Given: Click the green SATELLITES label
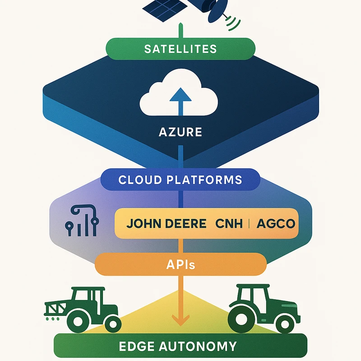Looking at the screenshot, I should (x=180, y=48).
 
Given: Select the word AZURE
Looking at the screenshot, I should (x=180, y=133).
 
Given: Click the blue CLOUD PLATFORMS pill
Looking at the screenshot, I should (x=180, y=180).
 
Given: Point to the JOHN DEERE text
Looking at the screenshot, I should (x=166, y=223).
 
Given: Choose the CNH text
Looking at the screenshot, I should (x=229, y=223).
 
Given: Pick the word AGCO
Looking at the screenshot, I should (x=275, y=223).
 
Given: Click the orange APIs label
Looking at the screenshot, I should (x=180, y=264).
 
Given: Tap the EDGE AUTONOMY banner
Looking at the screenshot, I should (x=180, y=346).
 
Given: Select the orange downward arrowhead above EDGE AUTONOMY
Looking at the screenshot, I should (x=180, y=322).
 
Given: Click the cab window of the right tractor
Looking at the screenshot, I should (x=251, y=296).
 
